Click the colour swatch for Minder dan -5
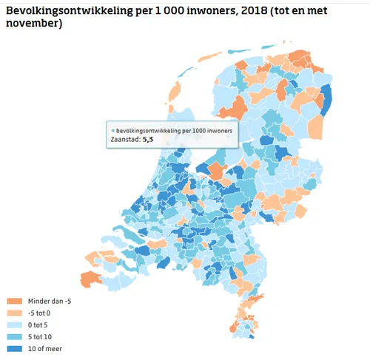point(14,302)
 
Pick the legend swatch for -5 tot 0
point(14,312)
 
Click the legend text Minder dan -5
point(50,302)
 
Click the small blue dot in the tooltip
point(112,129)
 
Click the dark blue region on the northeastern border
point(328,102)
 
